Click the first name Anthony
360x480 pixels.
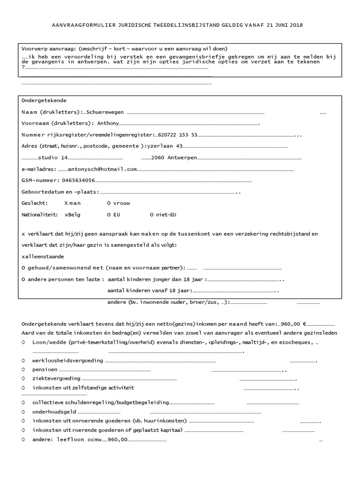pos(108,124)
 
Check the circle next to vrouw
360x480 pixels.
pos(109,203)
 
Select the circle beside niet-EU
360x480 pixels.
pos(152,215)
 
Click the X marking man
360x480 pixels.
pos(66,203)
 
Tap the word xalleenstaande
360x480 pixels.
pos(43,256)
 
